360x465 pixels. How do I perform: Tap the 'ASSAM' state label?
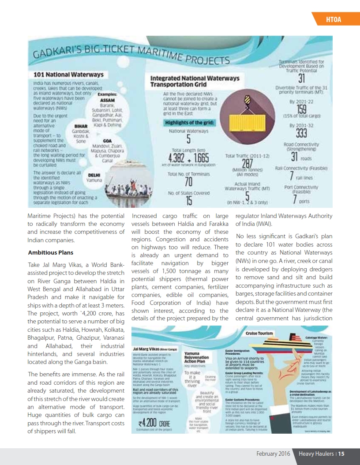pyautogui.click(x=108, y=100)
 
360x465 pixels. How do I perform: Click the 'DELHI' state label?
pyautogui.click(x=94, y=175)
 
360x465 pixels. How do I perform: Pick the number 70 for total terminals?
pyautogui.click(x=188, y=182)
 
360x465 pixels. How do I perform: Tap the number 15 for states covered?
pyautogui.click(x=188, y=201)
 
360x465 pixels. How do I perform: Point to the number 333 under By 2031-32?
pyautogui.click(x=302, y=133)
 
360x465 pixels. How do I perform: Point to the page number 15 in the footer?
pyautogui.click(x=341, y=454)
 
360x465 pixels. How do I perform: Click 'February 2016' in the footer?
pyautogui.click(x=273, y=454)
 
